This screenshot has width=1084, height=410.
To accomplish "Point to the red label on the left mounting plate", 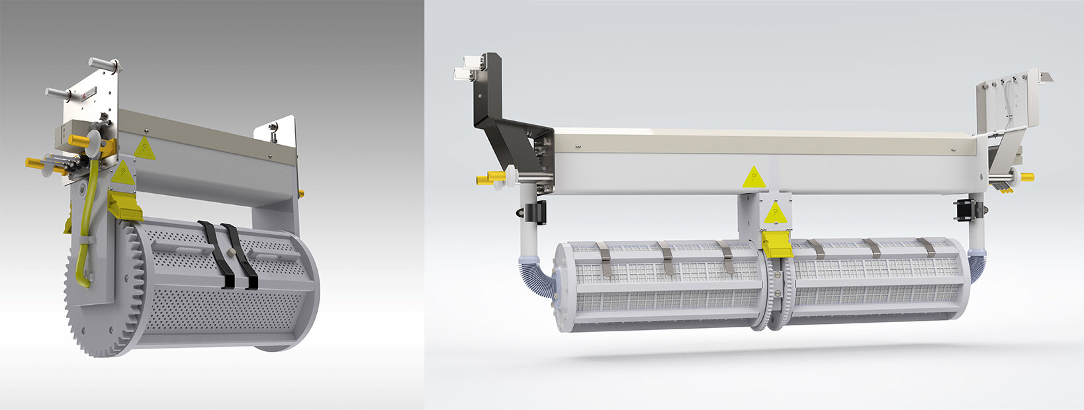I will [83, 98].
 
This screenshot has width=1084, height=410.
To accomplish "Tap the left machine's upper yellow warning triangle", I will [145, 149].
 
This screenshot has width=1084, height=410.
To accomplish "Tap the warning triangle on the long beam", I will [752, 177].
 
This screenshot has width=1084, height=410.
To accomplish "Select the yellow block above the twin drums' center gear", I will [776, 243].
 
